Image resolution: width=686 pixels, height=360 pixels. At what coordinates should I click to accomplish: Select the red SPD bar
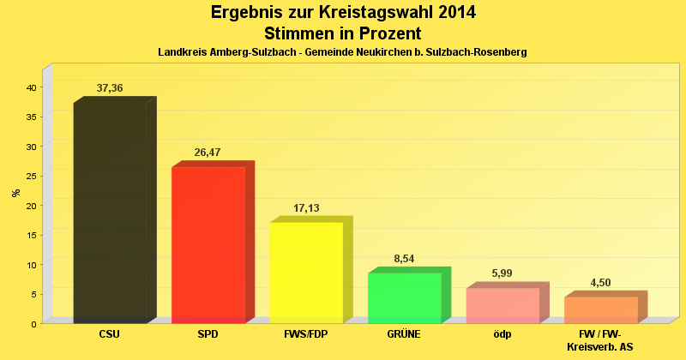click(x=208, y=245)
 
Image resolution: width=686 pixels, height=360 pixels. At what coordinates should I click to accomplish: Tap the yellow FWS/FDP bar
click(x=306, y=273)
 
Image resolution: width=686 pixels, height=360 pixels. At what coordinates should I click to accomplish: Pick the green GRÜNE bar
click(x=404, y=297)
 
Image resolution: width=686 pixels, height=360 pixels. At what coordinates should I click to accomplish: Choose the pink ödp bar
click(x=502, y=305)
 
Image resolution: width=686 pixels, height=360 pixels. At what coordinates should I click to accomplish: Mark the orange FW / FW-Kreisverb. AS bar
click(x=600, y=309)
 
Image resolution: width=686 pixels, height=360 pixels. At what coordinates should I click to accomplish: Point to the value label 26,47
click(x=208, y=153)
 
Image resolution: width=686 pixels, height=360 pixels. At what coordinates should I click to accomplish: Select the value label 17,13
click(x=306, y=208)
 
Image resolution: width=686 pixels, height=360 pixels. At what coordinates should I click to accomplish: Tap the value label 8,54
click(x=404, y=259)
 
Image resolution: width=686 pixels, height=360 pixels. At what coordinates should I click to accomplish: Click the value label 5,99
click(x=502, y=273)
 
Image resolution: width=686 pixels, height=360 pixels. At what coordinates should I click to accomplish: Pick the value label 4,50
click(x=600, y=283)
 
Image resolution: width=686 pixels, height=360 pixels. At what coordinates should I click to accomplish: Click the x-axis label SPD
click(x=208, y=334)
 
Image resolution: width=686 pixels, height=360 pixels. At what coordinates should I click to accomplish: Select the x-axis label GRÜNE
click(x=404, y=334)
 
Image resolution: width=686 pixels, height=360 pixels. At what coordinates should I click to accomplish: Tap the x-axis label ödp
click(x=502, y=334)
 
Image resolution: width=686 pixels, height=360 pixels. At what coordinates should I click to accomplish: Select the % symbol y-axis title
click(x=15, y=192)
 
